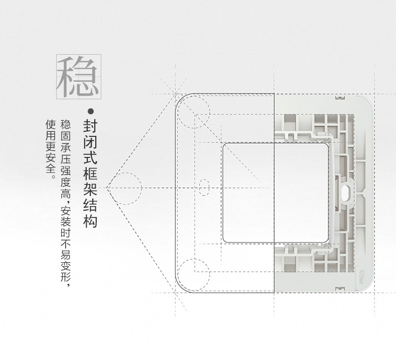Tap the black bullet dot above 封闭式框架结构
pyautogui.click(x=91, y=111)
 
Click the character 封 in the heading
pyautogui.click(x=90, y=125)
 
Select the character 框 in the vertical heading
pyautogui.click(x=90, y=173)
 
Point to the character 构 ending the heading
pyautogui.click(x=90, y=221)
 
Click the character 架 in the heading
pyautogui.click(x=90, y=189)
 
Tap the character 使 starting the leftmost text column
pyautogui.click(x=50, y=124)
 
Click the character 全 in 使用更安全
pyautogui.click(x=50, y=169)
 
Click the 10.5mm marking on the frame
pyautogui.click(x=362, y=275)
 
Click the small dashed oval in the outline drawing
pyautogui.click(x=204, y=188)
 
